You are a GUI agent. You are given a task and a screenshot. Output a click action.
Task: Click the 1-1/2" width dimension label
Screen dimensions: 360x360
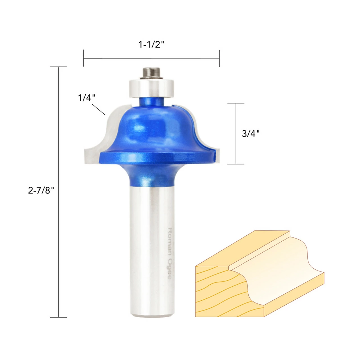click(x=151, y=45)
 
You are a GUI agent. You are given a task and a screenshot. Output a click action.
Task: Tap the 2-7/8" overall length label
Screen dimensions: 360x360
click(x=41, y=191)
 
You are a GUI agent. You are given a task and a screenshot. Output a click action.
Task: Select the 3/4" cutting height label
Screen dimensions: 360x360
click(x=251, y=134)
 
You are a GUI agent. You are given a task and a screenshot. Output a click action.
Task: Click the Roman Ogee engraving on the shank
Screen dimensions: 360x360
click(x=169, y=253)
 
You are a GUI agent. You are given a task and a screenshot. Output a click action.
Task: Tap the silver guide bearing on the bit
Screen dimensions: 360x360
click(x=151, y=88)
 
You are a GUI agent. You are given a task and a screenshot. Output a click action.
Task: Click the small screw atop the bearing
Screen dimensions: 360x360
click(x=152, y=73)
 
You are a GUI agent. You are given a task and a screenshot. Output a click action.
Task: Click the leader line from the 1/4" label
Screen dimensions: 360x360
click(x=99, y=109)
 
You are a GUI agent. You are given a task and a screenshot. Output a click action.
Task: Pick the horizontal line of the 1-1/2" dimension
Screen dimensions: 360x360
click(x=151, y=58)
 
